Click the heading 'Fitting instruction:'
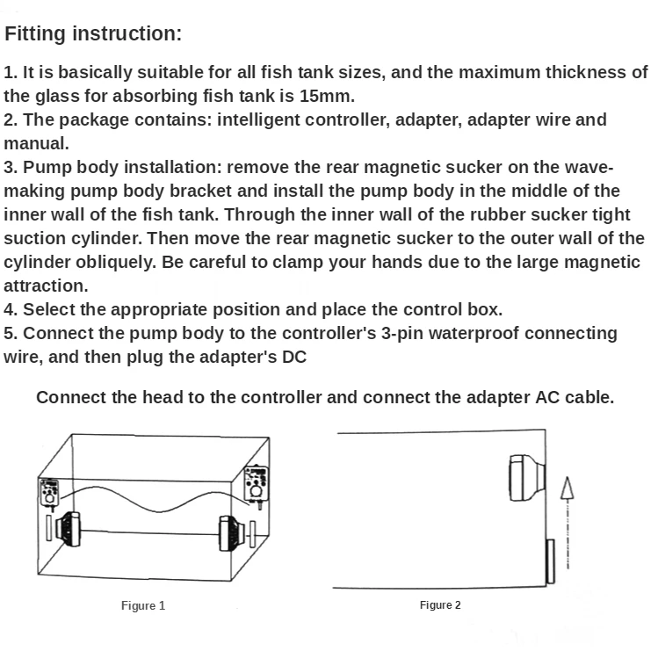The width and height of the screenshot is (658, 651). (x=93, y=34)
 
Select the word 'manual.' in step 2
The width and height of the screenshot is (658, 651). (x=36, y=143)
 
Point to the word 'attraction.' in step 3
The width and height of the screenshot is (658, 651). (x=46, y=286)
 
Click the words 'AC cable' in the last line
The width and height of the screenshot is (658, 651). (x=572, y=397)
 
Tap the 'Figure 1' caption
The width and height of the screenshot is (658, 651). (x=142, y=605)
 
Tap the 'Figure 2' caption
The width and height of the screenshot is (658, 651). (x=440, y=604)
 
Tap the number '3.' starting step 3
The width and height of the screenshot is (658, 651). (x=11, y=167)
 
